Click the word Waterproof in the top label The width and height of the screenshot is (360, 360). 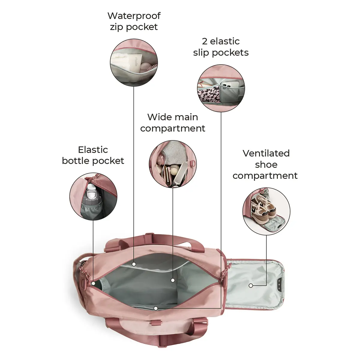134,16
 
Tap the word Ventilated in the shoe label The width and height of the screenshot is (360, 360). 266,153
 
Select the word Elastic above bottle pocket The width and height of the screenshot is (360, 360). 93,150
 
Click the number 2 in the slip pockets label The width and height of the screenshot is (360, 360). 205,41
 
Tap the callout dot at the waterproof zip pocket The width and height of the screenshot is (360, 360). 134,264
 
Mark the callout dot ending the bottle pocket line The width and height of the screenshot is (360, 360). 93,283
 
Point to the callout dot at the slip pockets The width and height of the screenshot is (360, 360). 156,308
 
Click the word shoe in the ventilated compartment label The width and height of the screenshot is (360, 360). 266,165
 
